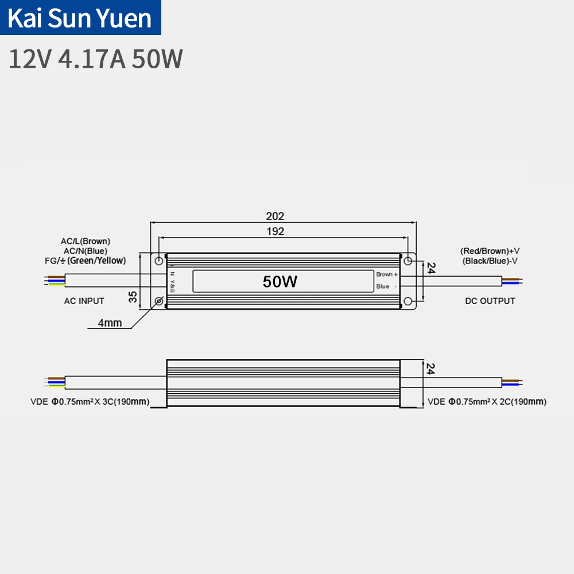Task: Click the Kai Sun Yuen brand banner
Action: pos(81,18)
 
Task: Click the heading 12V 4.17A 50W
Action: pos(95,59)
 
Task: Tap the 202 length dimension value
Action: pos(275,216)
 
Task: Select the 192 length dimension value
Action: pos(275,231)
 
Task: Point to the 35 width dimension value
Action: pos(133,297)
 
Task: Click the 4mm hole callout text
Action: pos(110,323)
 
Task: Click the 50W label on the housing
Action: pos(280,281)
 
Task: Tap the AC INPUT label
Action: pos(84,301)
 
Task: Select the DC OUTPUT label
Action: pos(490,301)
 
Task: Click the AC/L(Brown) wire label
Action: pos(86,241)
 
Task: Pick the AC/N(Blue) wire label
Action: pos(86,251)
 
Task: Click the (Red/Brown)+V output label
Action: pos(490,251)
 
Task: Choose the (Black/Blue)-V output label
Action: pos(490,261)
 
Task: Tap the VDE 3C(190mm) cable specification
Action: pos(90,402)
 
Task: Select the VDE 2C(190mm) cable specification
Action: pos(487,402)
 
